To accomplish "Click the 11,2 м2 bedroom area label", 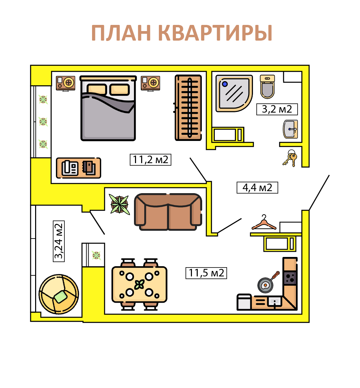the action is click(x=150, y=159).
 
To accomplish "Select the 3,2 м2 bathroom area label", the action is click(x=277, y=109).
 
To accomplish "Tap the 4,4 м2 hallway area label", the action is click(x=257, y=187).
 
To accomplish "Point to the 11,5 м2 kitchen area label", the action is click(x=206, y=273).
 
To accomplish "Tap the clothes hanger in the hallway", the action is click(x=264, y=222).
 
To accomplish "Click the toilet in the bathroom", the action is click(x=267, y=86).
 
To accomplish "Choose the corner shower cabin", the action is click(x=234, y=93).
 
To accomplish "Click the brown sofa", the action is click(x=168, y=211).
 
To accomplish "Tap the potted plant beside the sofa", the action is click(x=120, y=204).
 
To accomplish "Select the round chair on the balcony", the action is click(x=59, y=294).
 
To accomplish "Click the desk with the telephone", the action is click(x=78, y=168).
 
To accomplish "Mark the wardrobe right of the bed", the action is click(x=188, y=107).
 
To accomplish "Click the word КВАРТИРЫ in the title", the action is click(x=215, y=33).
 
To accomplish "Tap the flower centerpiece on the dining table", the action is click(x=139, y=284).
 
